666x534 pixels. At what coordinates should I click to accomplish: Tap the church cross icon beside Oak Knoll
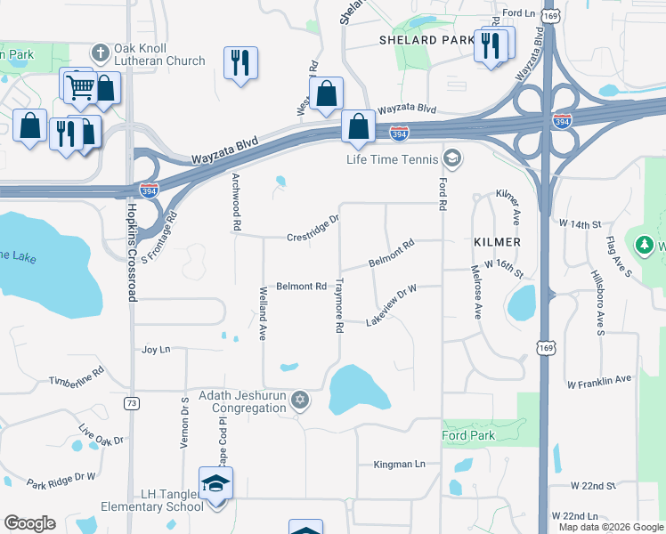click(x=100, y=53)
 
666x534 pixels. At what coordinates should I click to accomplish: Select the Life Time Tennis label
click(x=393, y=159)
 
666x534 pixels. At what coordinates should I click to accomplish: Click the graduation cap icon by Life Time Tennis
click(x=452, y=159)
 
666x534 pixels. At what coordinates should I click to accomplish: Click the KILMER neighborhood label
click(x=497, y=242)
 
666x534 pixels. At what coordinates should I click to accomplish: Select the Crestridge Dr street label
click(x=313, y=229)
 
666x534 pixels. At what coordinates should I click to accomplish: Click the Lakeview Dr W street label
click(x=391, y=305)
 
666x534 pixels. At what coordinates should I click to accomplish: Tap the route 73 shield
click(x=132, y=403)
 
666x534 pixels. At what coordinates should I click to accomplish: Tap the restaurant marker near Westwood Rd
click(x=240, y=62)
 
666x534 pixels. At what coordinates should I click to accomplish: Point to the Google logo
click(x=29, y=523)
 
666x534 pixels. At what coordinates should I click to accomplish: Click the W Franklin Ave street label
click(x=599, y=382)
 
